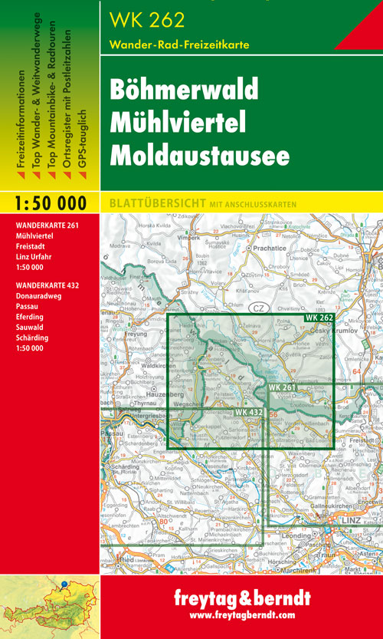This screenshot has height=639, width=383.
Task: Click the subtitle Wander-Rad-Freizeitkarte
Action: [x=179, y=44]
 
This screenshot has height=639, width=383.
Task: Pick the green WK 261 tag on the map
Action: [x=282, y=388]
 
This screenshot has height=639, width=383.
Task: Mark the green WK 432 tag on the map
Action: [x=249, y=413]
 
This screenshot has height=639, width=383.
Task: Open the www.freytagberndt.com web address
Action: [x=242, y=615]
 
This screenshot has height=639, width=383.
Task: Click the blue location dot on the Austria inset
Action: [x=65, y=585]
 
